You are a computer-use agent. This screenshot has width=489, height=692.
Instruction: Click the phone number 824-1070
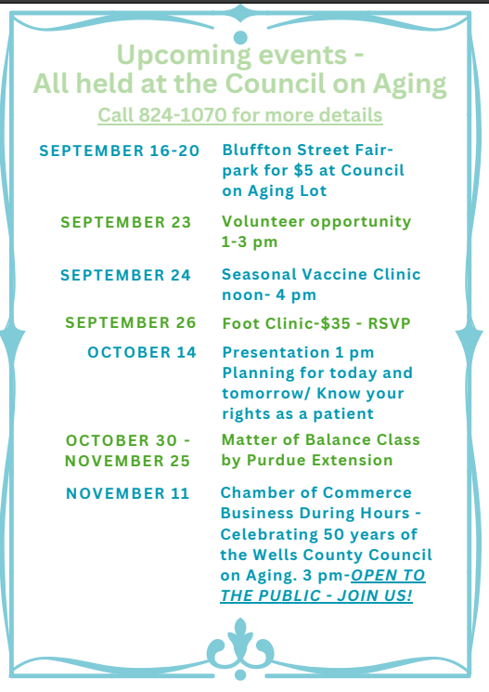pos(183,115)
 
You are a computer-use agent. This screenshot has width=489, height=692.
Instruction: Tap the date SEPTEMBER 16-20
pos(120,150)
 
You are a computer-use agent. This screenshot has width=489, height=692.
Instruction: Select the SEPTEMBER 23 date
pos(125,222)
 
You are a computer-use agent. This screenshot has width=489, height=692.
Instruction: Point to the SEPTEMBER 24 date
pos(125,275)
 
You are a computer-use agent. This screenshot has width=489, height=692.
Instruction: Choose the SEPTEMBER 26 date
pos(131,322)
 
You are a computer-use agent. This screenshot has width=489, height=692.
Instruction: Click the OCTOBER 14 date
pos(142,352)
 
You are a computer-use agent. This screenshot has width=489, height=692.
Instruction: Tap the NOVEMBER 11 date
pos(127,493)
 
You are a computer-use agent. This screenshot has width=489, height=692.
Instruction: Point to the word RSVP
pos(389,323)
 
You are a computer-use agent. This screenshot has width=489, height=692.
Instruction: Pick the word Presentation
pos(276,352)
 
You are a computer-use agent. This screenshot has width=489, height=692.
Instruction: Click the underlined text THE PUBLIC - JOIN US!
pos(316,595)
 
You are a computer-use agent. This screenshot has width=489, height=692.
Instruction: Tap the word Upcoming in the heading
pos(184,56)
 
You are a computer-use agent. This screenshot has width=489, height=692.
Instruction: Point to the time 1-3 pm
pos(250,242)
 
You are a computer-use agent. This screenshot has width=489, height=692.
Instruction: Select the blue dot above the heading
pos(240,37)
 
